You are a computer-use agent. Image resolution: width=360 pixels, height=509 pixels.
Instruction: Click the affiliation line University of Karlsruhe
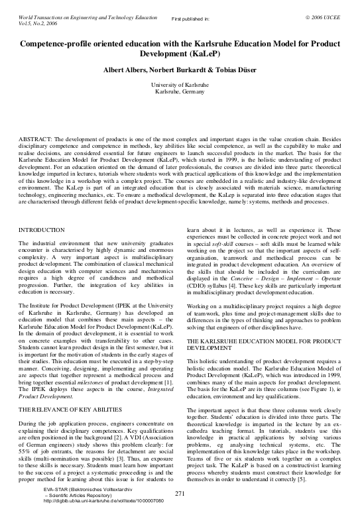(180, 85)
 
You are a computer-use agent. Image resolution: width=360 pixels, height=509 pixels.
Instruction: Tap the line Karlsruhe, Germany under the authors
(180, 92)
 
